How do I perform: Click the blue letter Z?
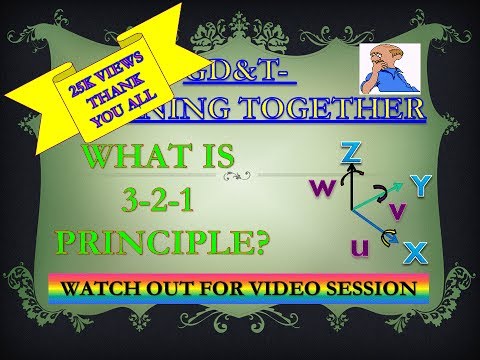pos(350,152)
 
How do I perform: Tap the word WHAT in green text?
pos(130,158)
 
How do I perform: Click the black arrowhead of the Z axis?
pos(348,171)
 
